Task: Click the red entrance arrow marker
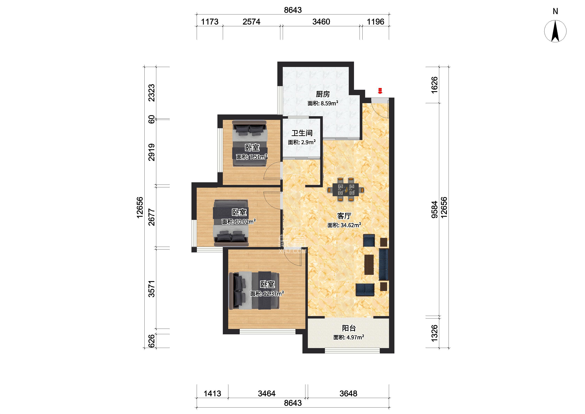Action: (x=380, y=91)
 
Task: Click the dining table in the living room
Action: (x=346, y=190)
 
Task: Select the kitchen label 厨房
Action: (x=323, y=94)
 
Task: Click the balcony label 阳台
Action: (x=349, y=328)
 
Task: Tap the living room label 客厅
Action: (x=344, y=216)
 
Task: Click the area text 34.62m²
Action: (x=351, y=225)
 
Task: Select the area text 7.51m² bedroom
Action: (x=259, y=157)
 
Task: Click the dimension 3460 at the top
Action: (x=321, y=22)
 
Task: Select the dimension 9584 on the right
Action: (x=434, y=210)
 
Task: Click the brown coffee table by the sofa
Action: (x=369, y=265)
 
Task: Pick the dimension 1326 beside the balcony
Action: (x=434, y=333)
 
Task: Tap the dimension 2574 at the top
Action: (x=251, y=22)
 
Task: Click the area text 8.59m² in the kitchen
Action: (x=329, y=103)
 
